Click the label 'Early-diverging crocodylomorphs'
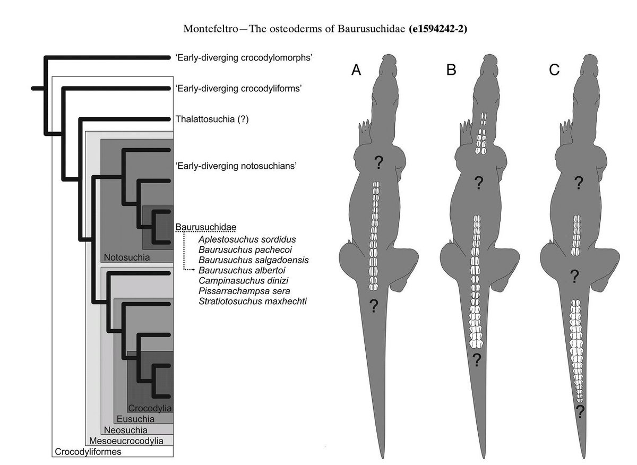(243, 57)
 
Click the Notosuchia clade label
(127, 257)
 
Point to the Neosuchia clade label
(126, 429)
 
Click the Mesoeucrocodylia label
(126, 441)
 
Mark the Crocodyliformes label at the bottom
(87, 452)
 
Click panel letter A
(356, 71)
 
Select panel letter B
(451, 71)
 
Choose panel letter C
(554, 71)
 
